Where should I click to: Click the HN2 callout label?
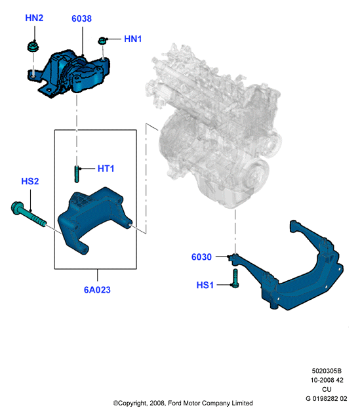click(34, 18)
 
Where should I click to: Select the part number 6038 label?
click(82, 18)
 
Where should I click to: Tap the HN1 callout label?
click(133, 39)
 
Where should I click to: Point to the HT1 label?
click(106, 169)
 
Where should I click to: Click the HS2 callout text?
click(30, 181)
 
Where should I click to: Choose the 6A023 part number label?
click(97, 290)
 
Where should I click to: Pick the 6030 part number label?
click(201, 257)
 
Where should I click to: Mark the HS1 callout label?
click(205, 285)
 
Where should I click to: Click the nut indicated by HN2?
click(33, 46)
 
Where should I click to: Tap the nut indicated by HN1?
click(102, 41)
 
